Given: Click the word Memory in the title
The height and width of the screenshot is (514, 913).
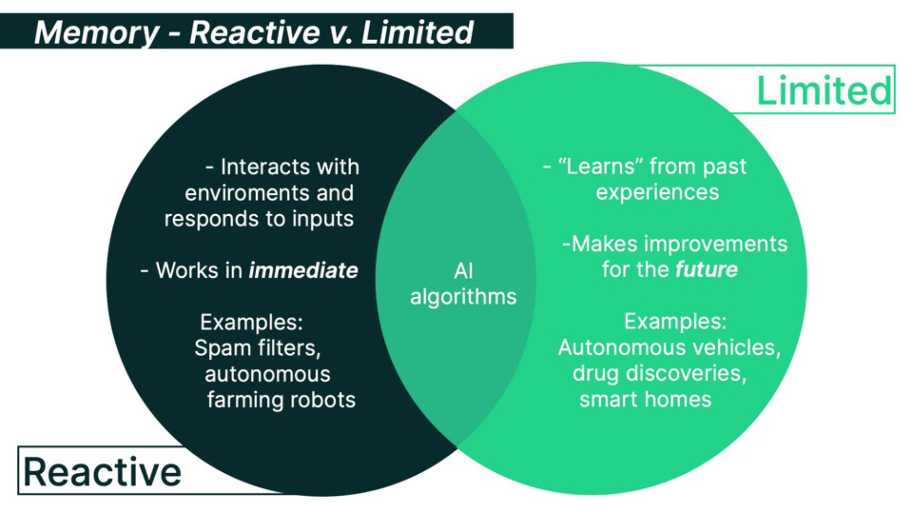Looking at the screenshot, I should (96, 33).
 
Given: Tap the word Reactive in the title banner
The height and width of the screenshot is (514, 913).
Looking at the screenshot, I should (255, 33).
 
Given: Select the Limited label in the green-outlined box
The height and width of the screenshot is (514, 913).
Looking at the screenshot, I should (824, 90).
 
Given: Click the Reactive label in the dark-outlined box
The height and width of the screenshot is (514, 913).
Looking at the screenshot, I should (102, 472).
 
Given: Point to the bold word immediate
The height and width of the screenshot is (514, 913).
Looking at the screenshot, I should (303, 271).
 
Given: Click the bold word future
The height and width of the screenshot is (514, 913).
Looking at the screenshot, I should (706, 270).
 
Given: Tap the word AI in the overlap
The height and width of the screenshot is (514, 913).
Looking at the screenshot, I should (464, 271).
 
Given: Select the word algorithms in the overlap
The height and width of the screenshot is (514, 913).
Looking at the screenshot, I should (463, 297).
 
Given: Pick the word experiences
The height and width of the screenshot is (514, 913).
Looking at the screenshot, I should (657, 192).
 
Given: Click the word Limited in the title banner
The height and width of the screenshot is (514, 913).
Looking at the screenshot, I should (417, 33).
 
